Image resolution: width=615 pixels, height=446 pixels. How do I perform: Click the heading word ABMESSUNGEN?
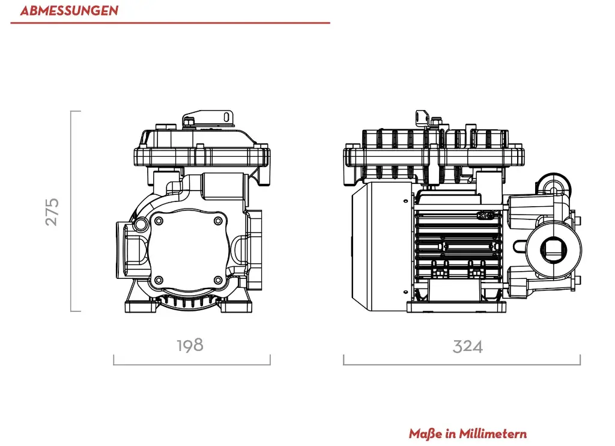click(x=69, y=11)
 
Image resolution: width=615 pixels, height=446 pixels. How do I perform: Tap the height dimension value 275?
click(x=53, y=211)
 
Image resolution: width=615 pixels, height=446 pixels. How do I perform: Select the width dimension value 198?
click(x=190, y=345)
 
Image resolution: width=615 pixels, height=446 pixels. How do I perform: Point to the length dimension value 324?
click(x=467, y=346)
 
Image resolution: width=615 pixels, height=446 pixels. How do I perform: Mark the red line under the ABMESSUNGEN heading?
click(x=170, y=23)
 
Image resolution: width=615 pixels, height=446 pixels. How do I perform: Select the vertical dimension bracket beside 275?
click(x=72, y=211)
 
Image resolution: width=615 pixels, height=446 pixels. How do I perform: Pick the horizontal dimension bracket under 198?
click(x=192, y=364)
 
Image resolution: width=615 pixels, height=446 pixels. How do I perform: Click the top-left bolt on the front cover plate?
click(x=159, y=221)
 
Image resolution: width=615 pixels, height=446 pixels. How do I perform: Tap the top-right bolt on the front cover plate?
click(x=218, y=221)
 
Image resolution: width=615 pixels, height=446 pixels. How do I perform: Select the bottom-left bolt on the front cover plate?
click(x=159, y=280)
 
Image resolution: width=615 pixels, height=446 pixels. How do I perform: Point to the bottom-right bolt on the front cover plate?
click(x=218, y=280)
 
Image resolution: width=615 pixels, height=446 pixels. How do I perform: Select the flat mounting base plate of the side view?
click(x=455, y=307)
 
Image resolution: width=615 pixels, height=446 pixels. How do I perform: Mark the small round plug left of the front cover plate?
click(x=141, y=224)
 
